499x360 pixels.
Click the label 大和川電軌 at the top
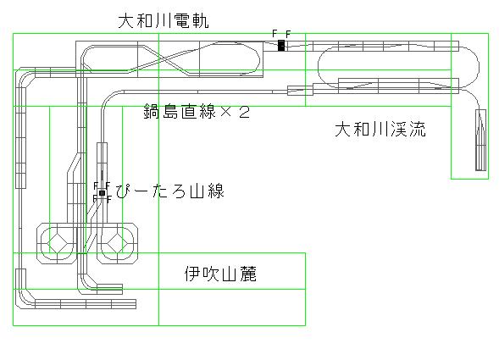click(164, 21)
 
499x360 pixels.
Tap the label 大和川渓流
click(380, 130)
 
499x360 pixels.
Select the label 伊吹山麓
click(220, 274)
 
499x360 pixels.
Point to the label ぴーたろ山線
click(170, 191)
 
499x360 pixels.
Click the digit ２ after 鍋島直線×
click(244, 112)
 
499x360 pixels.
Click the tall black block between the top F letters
click(281, 46)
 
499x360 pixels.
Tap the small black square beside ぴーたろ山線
click(102, 193)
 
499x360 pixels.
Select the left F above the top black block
click(274, 33)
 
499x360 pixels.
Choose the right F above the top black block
click(288, 34)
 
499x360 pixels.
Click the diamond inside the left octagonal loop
click(58, 243)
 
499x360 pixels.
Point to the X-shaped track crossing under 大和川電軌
click(164, 59)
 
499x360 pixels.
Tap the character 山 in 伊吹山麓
click(229, 274)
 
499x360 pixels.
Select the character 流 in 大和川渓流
click(418, 130)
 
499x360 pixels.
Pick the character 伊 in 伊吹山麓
click(193, 274)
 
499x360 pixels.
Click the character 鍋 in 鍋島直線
click(152, 112)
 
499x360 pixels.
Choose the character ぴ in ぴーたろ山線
click(124, 191)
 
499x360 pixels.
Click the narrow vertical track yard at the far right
click(481, 140)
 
